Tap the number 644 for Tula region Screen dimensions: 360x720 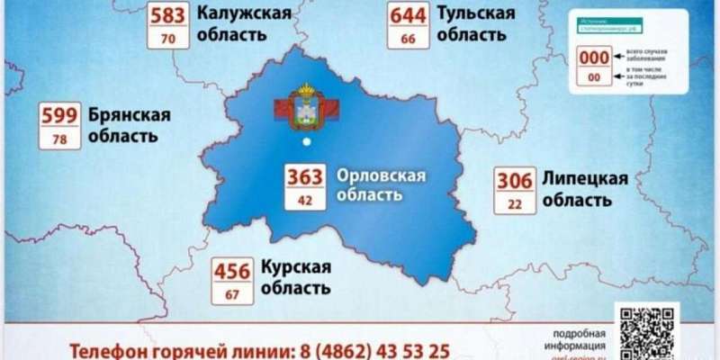(408, 16)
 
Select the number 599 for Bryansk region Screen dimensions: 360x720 (59, 116)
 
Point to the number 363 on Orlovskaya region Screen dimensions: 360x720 (305, 177)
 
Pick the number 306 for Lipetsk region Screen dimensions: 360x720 (514, 180)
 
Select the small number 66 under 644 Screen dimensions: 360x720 (408, 39)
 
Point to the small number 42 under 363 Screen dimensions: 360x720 (305, 200)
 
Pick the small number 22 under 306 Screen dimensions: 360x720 (514, 202)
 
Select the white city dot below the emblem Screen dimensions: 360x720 (307, 142)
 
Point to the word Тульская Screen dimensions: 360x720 (476, 13)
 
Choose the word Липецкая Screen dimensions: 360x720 (584, 177)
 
